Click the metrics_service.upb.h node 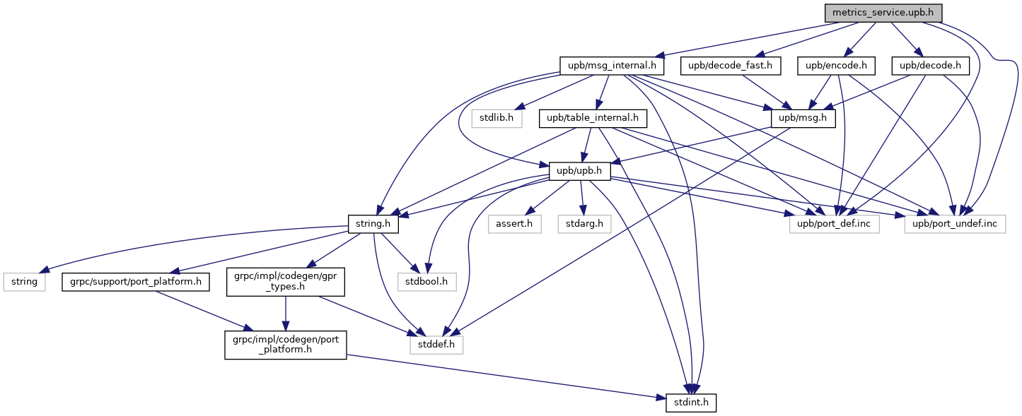click(x=883, y=13)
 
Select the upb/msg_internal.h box click(x=612, y=66)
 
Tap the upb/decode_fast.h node click(x=730, y=66)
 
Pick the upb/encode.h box click(x=836, y=66)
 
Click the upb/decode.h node click(x=930, y=66)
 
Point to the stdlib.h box click(x=497, y=118)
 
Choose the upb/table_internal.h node click(x=593, y=118)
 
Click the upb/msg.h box click(x=803, y=118)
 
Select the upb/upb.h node click(x=579, y=171)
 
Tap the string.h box click(x=373, y=224)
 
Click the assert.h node click(x=514, y=224)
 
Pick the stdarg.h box click(x=584, y=224)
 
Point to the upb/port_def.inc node click(x=834, y=224)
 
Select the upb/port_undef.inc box click(x=955, y=224)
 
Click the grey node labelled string click(x=24, y=282)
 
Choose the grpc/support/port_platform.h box click(x=136, y=282)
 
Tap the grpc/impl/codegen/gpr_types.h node click(x=286, y=282)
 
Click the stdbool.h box click(x=427, y=282)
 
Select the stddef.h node click(x=436, y=345)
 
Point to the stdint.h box click(x=691, y=403)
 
